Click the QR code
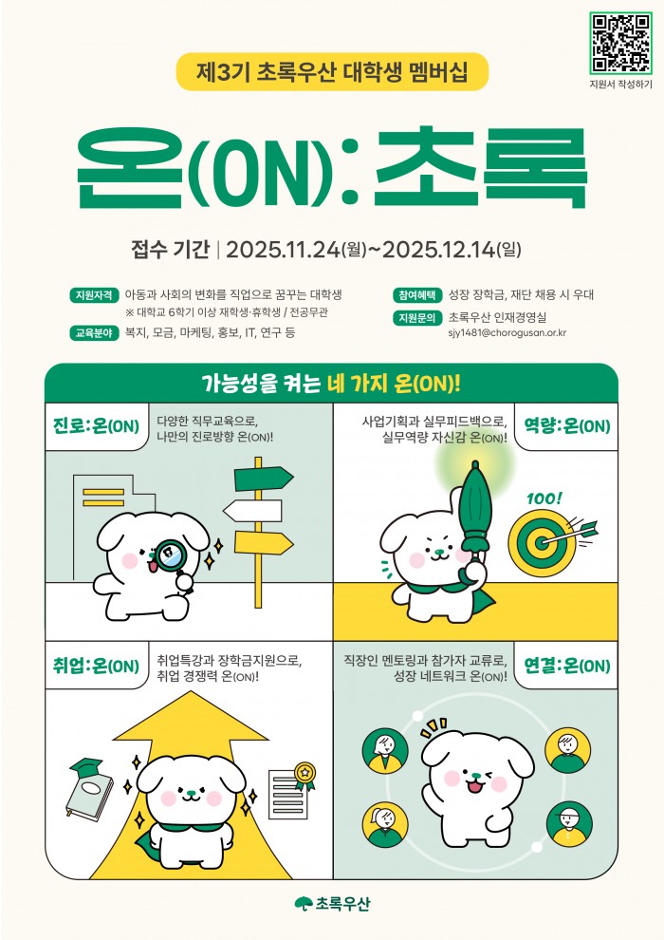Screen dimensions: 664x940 tap(620, 43)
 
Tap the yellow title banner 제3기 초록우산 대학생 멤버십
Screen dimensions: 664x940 tap(332, 72)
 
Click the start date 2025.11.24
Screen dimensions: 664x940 tap(283, 249)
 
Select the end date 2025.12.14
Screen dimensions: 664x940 tap(439, 249)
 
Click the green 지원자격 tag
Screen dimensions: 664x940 tap(93, 295)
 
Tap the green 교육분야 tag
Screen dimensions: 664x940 tap(93, 332)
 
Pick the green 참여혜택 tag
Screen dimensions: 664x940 tap(417, 295)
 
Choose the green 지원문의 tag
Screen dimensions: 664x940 tap(417, 318)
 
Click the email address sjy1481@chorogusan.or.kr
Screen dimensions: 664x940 tap(507, 332)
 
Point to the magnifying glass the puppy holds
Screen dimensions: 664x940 tap(173, 557)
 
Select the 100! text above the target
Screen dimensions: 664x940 tap(544, 498)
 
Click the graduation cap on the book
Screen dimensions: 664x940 tap(86, 767)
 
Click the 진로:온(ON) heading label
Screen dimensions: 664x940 tap(96, 426)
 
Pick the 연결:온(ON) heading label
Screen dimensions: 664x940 tap(567, 666)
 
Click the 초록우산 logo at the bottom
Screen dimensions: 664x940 tap(332, 903)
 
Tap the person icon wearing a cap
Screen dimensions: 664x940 tap(569, 824)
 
